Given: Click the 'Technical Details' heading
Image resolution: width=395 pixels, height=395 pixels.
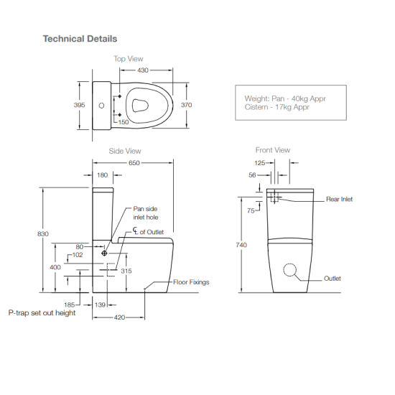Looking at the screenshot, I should tap(80, 38).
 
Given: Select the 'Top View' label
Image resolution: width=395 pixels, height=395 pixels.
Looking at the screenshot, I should tap(128, 59).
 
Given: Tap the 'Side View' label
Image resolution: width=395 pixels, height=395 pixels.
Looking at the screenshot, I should tap(124, 151).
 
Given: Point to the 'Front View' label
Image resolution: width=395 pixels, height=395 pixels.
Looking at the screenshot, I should tap(273, 150).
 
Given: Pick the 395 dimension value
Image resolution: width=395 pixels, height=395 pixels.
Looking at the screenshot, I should tap(80, 105).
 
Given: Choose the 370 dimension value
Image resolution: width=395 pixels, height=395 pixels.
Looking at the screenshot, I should tap(187, 105).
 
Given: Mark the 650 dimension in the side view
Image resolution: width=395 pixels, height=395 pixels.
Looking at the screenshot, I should tap(134, 163).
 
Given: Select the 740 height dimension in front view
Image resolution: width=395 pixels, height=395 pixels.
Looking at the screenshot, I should tap(241, 245).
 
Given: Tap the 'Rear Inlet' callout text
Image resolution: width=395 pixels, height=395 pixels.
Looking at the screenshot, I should tap(339, 199).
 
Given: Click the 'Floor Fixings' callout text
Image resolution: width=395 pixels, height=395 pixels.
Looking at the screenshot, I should tap(191, 282).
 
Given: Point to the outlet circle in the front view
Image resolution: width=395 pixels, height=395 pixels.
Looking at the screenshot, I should tap(290, 270).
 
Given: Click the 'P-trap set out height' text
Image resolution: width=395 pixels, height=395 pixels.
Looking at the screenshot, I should tap(42, 313).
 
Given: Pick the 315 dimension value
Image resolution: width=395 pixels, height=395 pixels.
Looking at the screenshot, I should tap(126, 271).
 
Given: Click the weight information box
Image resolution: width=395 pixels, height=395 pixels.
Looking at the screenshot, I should tap(291, 103).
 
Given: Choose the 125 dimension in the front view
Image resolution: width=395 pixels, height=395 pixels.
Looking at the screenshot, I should tap(260, 164).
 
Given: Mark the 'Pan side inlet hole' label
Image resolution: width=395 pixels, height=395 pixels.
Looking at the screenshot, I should tap(147, 213).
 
